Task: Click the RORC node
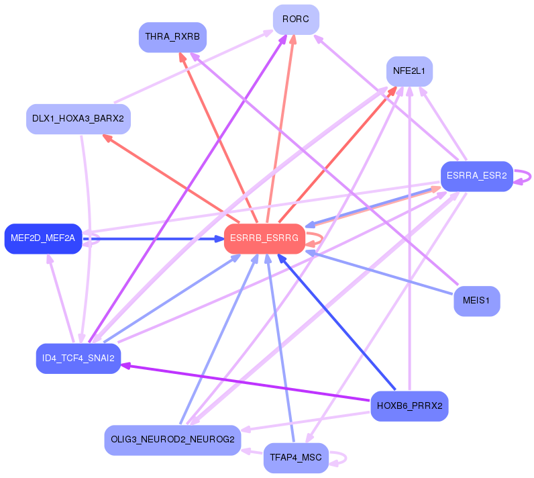(x=296, y=19)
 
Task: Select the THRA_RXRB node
(x=172, y=37)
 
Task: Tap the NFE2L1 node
(x=409, y=70)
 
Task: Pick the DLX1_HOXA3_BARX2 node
(x=78, y=119)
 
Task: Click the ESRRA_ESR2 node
(x=476, y=176)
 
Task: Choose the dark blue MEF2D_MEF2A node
(x=43, y=238)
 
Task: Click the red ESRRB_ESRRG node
(x=264, y=238)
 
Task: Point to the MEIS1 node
(x=477, y=301)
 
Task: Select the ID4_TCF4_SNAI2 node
(x=78, y=358)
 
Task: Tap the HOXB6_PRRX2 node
(x=409, y=405)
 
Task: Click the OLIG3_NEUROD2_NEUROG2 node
(x=172, y=440)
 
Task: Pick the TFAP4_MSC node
(x=296, y=458)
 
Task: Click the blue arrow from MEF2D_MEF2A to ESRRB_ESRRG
(x=154, y=238)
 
